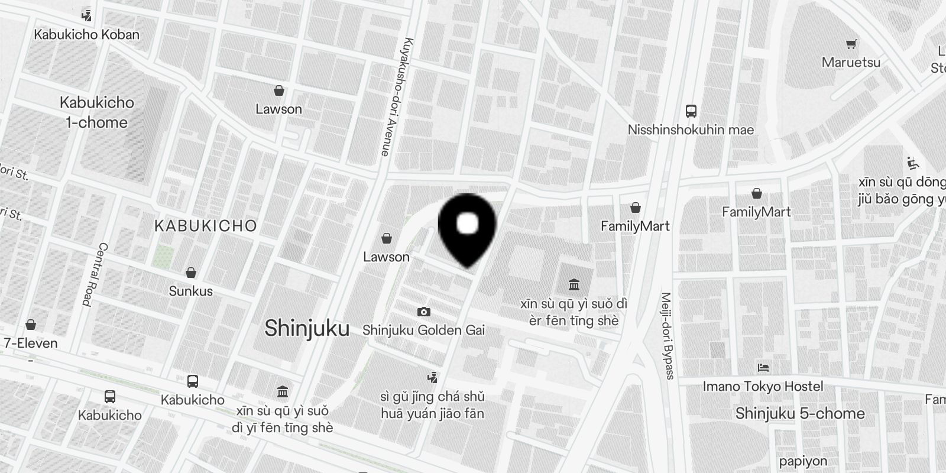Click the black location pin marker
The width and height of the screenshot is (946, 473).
[x=467, y=228]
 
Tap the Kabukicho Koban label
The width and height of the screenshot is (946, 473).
[x=87, y=34]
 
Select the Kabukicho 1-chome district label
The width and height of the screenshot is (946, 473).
[x=97, y=112]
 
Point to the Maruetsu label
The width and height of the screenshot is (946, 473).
[x=851, y=62]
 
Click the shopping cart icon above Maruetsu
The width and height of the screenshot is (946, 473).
[x=851, y=44]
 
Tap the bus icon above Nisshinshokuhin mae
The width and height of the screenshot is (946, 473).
[x=691, y=111]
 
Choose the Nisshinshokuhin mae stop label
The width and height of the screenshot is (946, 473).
[x=691, y=129]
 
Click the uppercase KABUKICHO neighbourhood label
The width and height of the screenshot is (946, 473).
[x=206, y=225]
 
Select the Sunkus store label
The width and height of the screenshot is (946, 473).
[x=190, y=291]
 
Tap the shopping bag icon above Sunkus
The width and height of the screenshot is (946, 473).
[x=190, y=273]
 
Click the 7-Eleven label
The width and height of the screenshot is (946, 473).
[x=31, y=343]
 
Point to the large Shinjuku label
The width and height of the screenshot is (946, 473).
[x=307, y=328]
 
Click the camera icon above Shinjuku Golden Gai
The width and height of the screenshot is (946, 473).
[x=423, y=312]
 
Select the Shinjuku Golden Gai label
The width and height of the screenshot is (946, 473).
[x=423, y=330]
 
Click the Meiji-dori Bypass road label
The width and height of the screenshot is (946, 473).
[x=667, y=335]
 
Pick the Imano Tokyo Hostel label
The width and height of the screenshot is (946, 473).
[x=763, y=386]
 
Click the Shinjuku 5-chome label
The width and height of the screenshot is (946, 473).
[x=800, y=413]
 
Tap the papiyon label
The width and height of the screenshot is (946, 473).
[x=803, y=461]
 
